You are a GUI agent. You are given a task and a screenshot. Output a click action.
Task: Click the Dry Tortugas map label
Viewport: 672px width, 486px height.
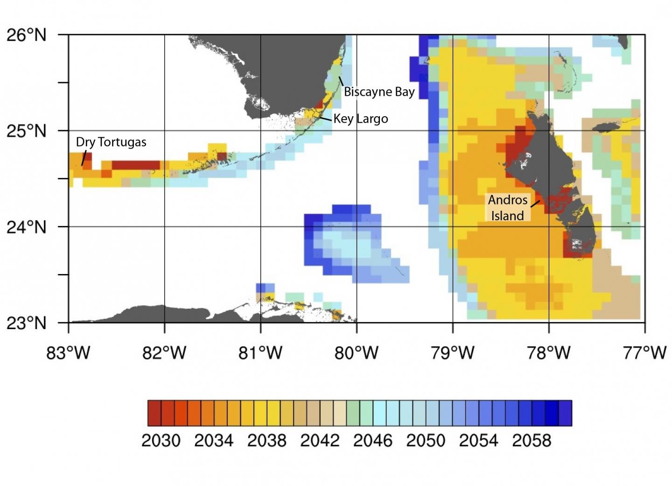coord(111,142)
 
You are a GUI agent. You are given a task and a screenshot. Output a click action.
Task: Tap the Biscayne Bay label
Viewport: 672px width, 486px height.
coord(379,92)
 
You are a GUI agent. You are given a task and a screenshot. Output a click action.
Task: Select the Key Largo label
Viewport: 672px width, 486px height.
coord(360,119)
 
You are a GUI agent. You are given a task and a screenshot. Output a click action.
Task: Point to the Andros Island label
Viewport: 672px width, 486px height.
coord(508,208)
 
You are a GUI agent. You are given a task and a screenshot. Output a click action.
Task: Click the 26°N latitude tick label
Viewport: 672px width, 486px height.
coord(27,35)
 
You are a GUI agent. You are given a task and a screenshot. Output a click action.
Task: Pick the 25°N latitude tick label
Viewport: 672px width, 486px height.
coord(27,131)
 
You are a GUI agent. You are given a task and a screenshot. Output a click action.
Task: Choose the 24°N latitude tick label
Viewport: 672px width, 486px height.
coord(27,227)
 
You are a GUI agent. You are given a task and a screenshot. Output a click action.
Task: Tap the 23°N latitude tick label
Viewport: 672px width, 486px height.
coord(27,323)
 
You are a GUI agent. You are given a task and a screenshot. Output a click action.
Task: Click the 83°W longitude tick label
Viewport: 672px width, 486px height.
coord(68,352)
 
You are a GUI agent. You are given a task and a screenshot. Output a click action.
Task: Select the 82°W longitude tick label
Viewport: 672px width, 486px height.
coord(164,352)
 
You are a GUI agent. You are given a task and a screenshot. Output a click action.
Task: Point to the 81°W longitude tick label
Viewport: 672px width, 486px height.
coord(260,352)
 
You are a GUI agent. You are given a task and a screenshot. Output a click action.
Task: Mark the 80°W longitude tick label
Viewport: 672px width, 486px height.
coord(357,352)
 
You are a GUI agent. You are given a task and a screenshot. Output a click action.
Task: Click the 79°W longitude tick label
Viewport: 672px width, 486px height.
coord(453,352)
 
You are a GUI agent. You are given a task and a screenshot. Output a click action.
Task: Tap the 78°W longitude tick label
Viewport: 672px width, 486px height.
coord(549,352)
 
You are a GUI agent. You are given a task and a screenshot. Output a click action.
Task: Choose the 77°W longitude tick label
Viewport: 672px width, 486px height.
coord(645,352)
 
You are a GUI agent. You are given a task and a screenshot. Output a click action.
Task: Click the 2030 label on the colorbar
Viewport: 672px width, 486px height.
coord(161,440)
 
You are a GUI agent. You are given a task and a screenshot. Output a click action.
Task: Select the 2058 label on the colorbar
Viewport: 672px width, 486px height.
coord(532,440)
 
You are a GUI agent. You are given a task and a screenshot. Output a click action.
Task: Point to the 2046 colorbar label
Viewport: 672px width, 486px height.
coord(373,440)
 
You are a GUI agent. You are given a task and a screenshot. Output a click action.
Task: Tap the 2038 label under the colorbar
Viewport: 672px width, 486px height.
coord(267,440)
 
